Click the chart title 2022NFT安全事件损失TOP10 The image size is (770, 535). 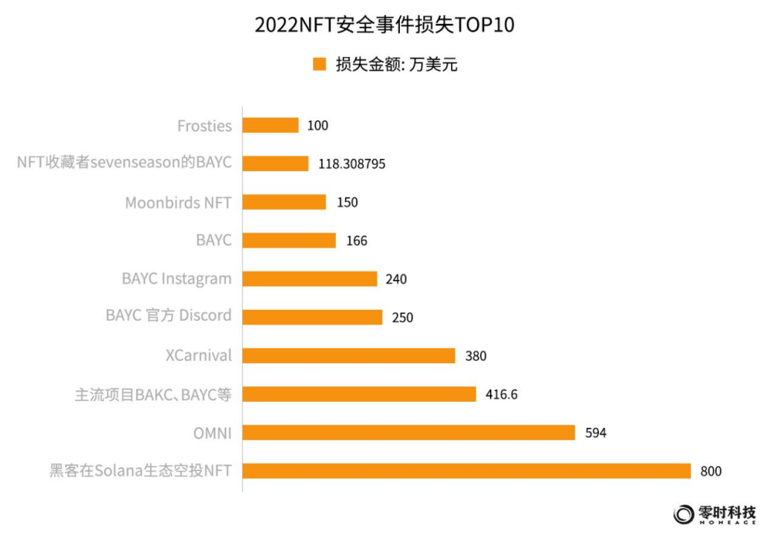[x=384, y=25]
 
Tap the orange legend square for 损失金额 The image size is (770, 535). [x=320, y=65]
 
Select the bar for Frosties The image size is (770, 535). [x=271, y=126]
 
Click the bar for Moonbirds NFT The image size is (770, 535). [x=284, y=202]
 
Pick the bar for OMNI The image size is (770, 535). [x=409, y=432]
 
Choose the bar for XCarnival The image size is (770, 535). [x=349, y=356]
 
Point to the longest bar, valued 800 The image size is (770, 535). [x=467, y=471]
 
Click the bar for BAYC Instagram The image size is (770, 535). [x=310, y=279]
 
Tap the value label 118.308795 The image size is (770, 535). [x=351, y=164]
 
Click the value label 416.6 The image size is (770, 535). [x=501, y=395]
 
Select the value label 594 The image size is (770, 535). [x=595, y=432]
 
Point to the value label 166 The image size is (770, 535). [x=356, y=241]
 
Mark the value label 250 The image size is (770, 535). [x=402, y=317]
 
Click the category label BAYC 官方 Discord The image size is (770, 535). [x=169, y=316]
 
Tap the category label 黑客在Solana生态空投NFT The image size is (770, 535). [x=140, y=470]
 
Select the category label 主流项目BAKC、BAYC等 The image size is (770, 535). [x=153, y=395]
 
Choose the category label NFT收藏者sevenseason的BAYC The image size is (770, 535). [x=124, y=163]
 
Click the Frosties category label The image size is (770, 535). [x=204, y=126]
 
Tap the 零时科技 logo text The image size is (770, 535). [x=727, y=512]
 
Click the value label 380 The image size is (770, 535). [x=475, y=356]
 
